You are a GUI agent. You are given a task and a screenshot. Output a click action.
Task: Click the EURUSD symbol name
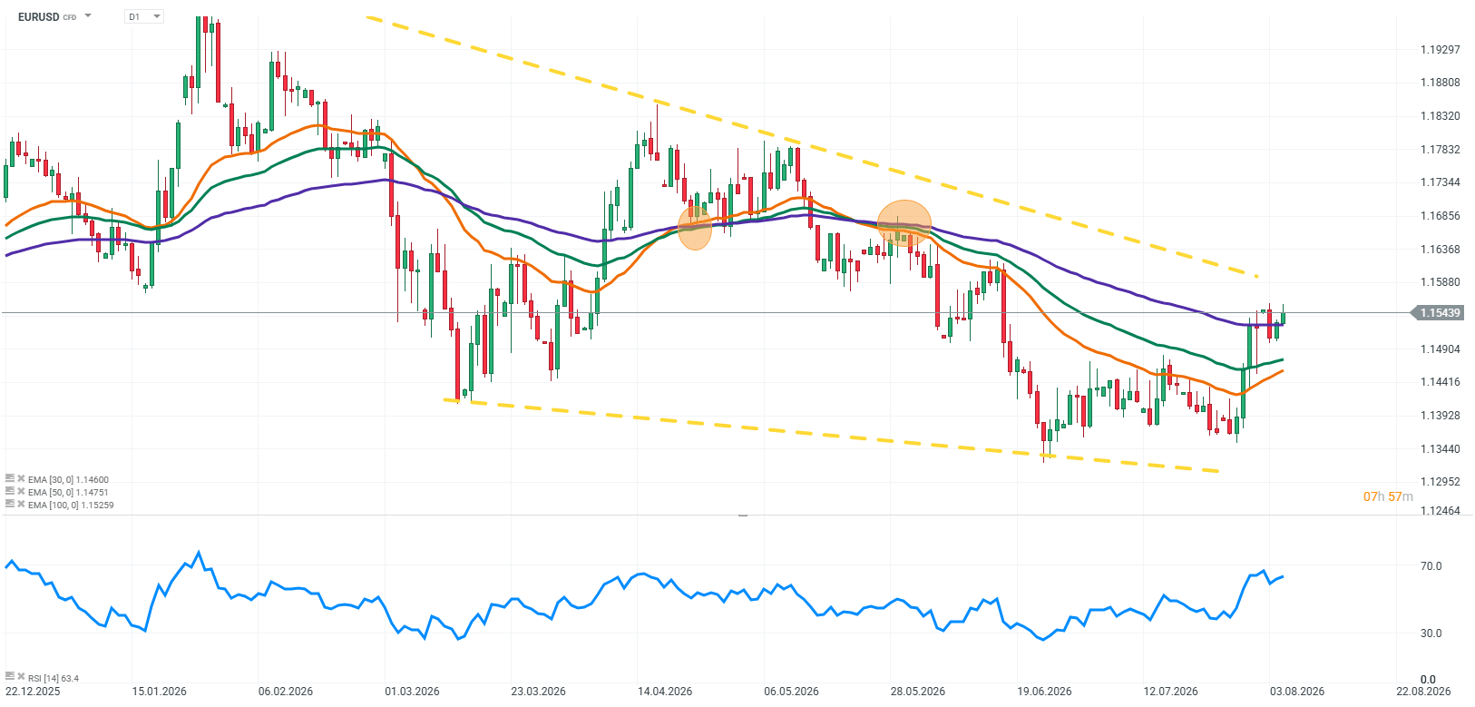38,16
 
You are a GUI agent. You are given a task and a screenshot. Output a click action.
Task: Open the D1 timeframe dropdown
143,16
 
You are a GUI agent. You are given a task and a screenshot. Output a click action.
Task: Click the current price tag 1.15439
1440,313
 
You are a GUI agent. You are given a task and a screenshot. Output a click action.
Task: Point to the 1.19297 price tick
1441,49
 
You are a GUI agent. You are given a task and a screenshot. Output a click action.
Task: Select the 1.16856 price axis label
1441,215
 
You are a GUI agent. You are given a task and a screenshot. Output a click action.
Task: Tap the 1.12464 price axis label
1441,511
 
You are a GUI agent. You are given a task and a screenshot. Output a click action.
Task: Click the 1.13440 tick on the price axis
1441,448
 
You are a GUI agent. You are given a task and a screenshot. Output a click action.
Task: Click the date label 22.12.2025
33,692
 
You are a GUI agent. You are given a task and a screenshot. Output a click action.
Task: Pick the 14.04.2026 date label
665,692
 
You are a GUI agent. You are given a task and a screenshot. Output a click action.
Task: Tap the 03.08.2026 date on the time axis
1297,692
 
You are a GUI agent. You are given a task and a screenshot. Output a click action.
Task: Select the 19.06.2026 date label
1044,692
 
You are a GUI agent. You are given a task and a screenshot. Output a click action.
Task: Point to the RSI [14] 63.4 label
54,678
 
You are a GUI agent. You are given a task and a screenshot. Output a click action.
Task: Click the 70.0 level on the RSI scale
1431,566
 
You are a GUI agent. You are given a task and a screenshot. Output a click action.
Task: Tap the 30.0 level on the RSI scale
1431,633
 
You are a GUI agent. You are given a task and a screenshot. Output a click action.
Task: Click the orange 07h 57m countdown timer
1388,496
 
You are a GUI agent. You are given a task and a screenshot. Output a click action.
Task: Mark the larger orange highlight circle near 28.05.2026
904,224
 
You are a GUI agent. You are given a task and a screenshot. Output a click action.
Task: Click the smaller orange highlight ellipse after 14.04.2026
695,229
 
